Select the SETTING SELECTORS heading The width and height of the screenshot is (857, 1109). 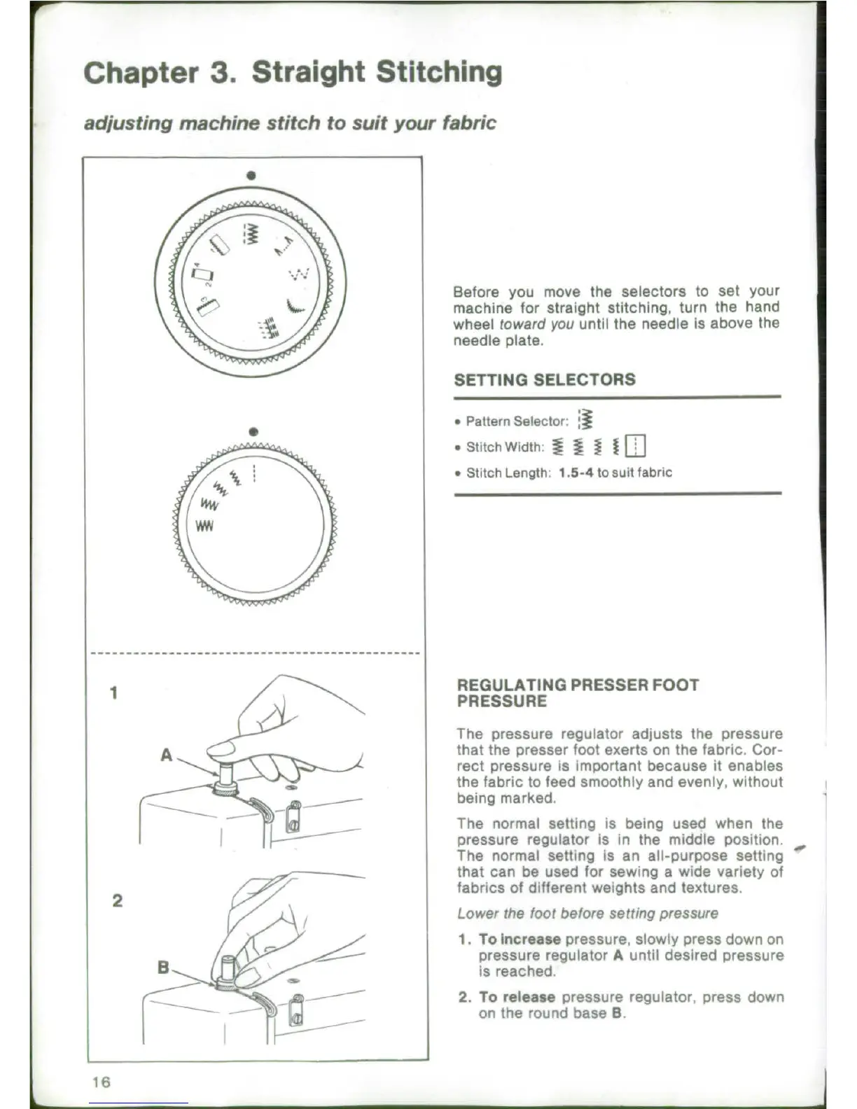545,380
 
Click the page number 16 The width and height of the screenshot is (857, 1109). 101,1082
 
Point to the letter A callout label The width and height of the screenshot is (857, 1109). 166,755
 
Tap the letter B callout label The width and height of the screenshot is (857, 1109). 163,968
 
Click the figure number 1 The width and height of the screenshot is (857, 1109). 114,693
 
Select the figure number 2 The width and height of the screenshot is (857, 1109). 117,900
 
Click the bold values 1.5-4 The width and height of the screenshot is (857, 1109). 576,473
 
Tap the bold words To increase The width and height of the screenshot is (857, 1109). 520,940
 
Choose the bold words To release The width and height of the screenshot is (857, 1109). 517,997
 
